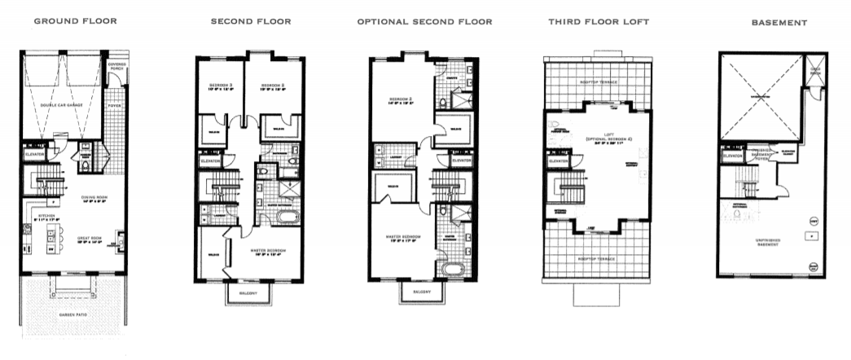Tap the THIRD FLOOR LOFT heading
pyautogui.click(x=599, y=22)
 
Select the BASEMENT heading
pyautogui.click(x=779, y=24)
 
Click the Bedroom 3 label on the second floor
pyautogui.click(x=221, y=86)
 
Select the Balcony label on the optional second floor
pyautogui.click(x=421, y=291)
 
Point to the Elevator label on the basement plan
pyautogui.click(x=732, y=152)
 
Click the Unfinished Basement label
pyautogui.click(x=765, y=241)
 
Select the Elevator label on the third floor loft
pyautogui.click(x=559, y=161)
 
